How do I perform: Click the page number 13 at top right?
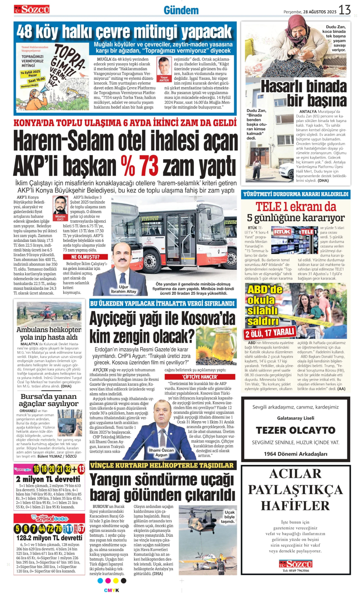pyautogui.click(x=344, y=10)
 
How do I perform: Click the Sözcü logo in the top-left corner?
pyautogui.click(x=32, y=9)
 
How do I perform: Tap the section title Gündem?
pyautogui.click(x=181, y=11)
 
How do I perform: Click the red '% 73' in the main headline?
pyautogui.click(x=139, y=166)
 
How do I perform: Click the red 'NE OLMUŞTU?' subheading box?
pyautogui.click(x=85, y=257)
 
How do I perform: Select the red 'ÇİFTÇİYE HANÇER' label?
pyautogui.click(x=200, y=377)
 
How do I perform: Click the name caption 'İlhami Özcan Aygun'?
pyautogui.click(x=161, y=452)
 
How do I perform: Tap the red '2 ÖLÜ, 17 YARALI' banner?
pyautogui.click(x=270, y=333)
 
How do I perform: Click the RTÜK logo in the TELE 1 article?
pyautogui.click(x=282, y=232)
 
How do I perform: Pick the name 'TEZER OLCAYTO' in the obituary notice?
pyautogui.click(x=295, y=430)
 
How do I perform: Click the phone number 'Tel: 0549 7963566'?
pyautogui.click(x=295, y=571)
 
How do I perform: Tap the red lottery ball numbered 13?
pyautogui.click(x=81, y=469)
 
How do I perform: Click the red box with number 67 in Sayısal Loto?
pyautogui.click(x=81, y=529)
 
